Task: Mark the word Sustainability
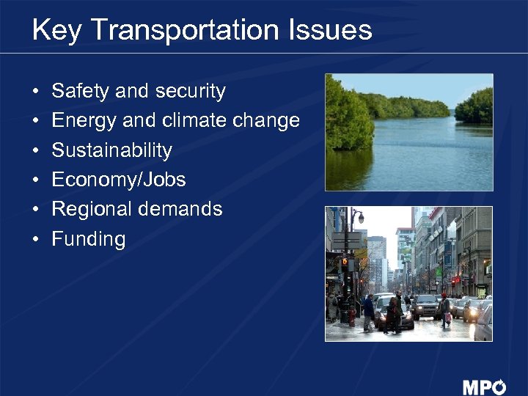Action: click(x=111, y=150)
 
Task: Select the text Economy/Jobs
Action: click(x=119, y=180)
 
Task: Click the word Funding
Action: click(x=89, y=239)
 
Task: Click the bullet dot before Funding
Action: click(x=36, y=240)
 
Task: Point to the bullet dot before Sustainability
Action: click(x=36, y=151)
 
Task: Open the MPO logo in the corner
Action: click(x=484, y=386)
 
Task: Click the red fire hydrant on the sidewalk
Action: click(x=352, y=317)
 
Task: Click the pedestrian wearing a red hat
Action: click(x=444, y=307)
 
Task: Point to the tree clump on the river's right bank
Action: click(x=474, y=106)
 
